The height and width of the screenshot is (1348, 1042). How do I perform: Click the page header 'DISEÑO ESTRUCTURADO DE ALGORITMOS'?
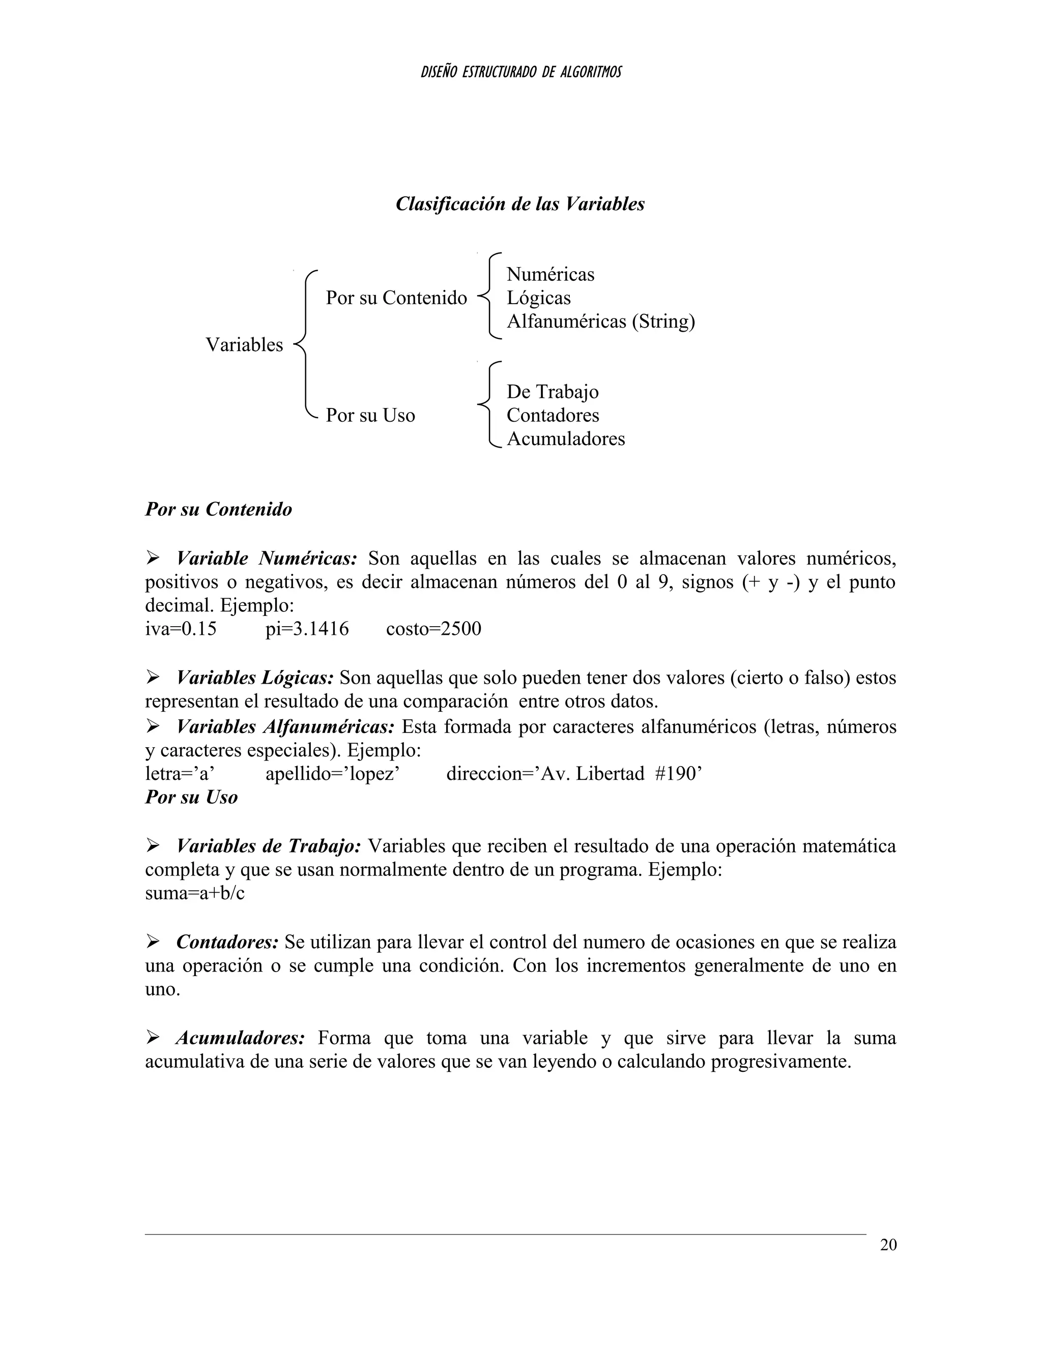(520, 72)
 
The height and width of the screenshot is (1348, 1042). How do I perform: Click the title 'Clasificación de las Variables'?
(520, 203)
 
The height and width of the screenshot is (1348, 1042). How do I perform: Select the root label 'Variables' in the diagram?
(244, 344)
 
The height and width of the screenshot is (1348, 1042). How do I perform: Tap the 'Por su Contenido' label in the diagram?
(396, 298)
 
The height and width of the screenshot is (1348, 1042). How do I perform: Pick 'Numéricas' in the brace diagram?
(550, 274)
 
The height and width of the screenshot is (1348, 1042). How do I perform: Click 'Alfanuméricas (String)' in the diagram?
(601, 321)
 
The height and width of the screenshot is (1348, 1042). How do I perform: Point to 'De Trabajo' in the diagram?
(553, 391)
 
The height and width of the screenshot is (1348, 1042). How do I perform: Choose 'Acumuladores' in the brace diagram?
(565, 439)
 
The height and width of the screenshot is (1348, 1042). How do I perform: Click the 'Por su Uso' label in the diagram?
(370, 415)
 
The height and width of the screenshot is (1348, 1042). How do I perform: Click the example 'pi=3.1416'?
(307, 629)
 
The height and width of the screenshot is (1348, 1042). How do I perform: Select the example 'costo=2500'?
(433, 629)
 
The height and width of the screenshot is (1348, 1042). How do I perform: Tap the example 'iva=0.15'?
(181, 629)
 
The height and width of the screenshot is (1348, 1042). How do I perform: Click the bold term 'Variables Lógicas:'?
(255, 678)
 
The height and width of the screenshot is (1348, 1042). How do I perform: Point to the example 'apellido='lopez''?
(333, 773)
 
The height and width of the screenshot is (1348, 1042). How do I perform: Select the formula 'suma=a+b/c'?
(194, 893)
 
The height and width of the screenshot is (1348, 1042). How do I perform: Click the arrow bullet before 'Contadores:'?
(153, 942)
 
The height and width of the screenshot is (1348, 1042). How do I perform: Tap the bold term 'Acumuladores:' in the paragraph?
(240, 1038)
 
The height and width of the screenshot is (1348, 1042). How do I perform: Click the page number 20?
(888, 1245)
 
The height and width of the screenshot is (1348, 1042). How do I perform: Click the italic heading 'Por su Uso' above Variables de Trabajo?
(191, 798)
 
